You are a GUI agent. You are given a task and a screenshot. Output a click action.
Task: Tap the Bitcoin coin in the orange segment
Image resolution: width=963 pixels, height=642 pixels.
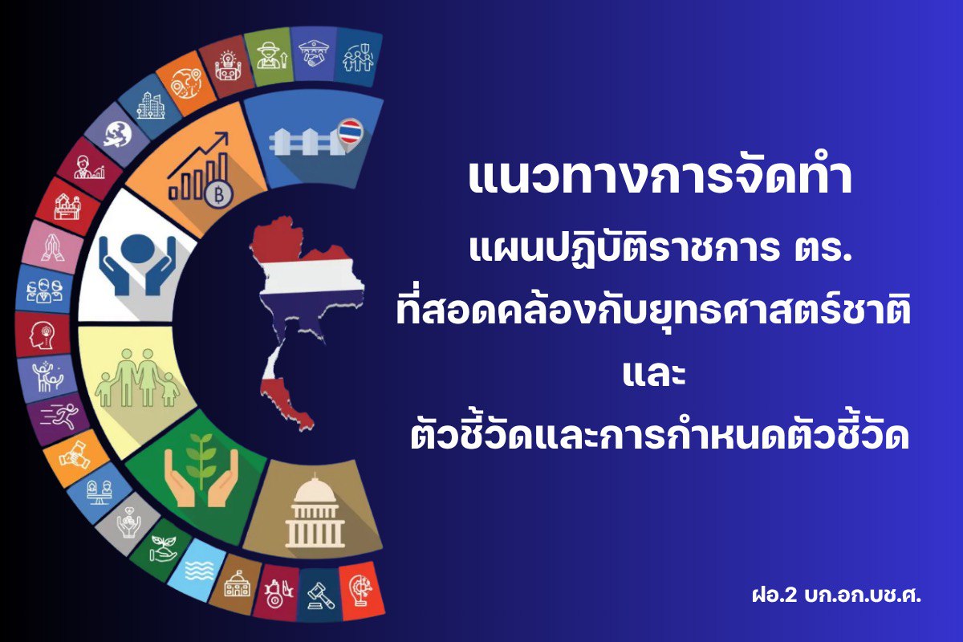[219, 195]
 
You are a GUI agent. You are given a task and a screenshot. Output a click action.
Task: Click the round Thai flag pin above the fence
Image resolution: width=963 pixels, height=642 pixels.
[350, 131]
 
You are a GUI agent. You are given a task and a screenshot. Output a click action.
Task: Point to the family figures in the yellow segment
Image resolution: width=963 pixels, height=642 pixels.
[137, 378]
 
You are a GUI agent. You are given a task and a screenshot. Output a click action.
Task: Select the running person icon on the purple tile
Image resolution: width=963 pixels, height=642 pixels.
[61, 416]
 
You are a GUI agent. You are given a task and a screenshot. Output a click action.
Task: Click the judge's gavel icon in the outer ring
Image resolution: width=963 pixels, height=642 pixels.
[321, 595]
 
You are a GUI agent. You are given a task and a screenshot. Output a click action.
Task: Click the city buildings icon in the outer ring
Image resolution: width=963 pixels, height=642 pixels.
[150, 106]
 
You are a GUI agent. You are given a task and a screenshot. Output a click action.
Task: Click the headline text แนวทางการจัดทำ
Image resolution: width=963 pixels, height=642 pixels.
[660, 178]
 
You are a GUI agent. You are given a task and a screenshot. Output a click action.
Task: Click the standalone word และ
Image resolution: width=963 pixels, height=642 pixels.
[654, 374]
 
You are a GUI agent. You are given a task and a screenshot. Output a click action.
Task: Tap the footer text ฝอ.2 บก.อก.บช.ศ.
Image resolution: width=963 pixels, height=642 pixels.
[836, 595]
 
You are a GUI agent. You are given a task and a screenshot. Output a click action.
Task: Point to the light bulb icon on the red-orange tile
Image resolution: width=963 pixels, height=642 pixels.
[362, 591]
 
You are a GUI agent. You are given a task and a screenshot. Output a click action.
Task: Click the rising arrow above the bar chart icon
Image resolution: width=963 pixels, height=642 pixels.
[198, 154]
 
